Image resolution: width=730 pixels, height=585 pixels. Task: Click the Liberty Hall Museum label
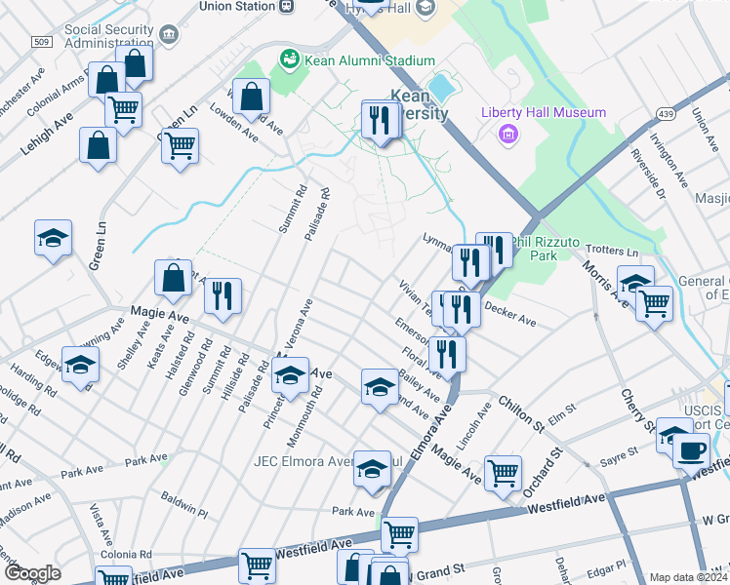544,113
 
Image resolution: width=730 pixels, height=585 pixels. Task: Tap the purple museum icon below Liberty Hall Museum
507,134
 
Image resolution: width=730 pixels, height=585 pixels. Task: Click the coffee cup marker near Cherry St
692,451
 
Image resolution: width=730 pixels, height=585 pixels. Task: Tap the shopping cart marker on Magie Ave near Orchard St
503,473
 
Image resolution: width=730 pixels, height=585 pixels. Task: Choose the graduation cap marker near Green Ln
53,237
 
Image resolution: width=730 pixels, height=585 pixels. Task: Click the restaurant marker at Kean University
378,120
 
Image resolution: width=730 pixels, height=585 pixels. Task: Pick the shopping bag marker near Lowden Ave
252,97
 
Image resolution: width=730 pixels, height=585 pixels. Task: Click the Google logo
31,573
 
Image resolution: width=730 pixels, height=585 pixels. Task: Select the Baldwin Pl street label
184,504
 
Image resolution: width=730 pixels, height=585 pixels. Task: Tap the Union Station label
236,6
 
